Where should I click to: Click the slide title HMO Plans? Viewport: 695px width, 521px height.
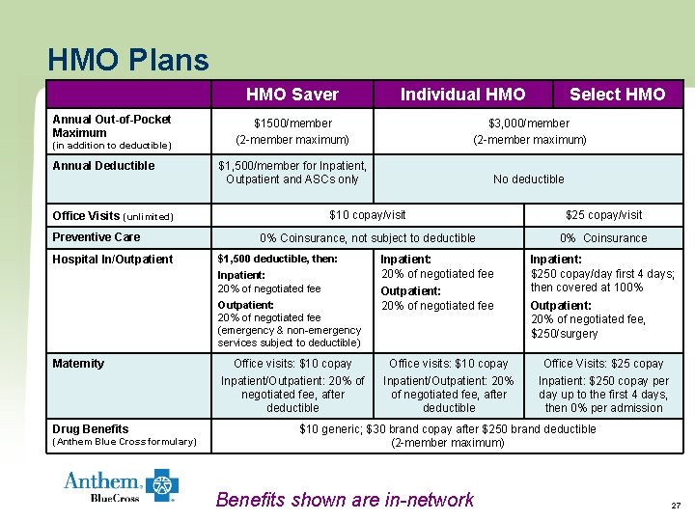[127, 61]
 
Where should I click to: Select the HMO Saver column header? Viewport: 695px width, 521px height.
[292, 95]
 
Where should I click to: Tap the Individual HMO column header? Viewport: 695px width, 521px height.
[462, 95]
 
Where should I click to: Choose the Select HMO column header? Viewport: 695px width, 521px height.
[617, 95]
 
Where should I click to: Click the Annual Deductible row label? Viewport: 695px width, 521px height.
[103, 166]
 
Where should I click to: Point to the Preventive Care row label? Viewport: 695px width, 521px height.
[97, 237]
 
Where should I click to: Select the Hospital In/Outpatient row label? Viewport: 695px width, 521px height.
[113, 259]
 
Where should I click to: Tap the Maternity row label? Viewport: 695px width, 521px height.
[78, 364]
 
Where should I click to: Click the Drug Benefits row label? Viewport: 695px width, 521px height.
[91, 429]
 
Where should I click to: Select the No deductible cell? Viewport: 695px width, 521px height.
[529, 179]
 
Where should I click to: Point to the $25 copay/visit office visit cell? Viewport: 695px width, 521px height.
[603, 215]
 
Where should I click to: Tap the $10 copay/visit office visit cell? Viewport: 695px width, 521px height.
[368, 215]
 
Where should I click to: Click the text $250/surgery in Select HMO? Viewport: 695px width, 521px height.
[565, 334]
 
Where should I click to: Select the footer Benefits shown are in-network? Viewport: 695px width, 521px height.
[345, 500]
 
